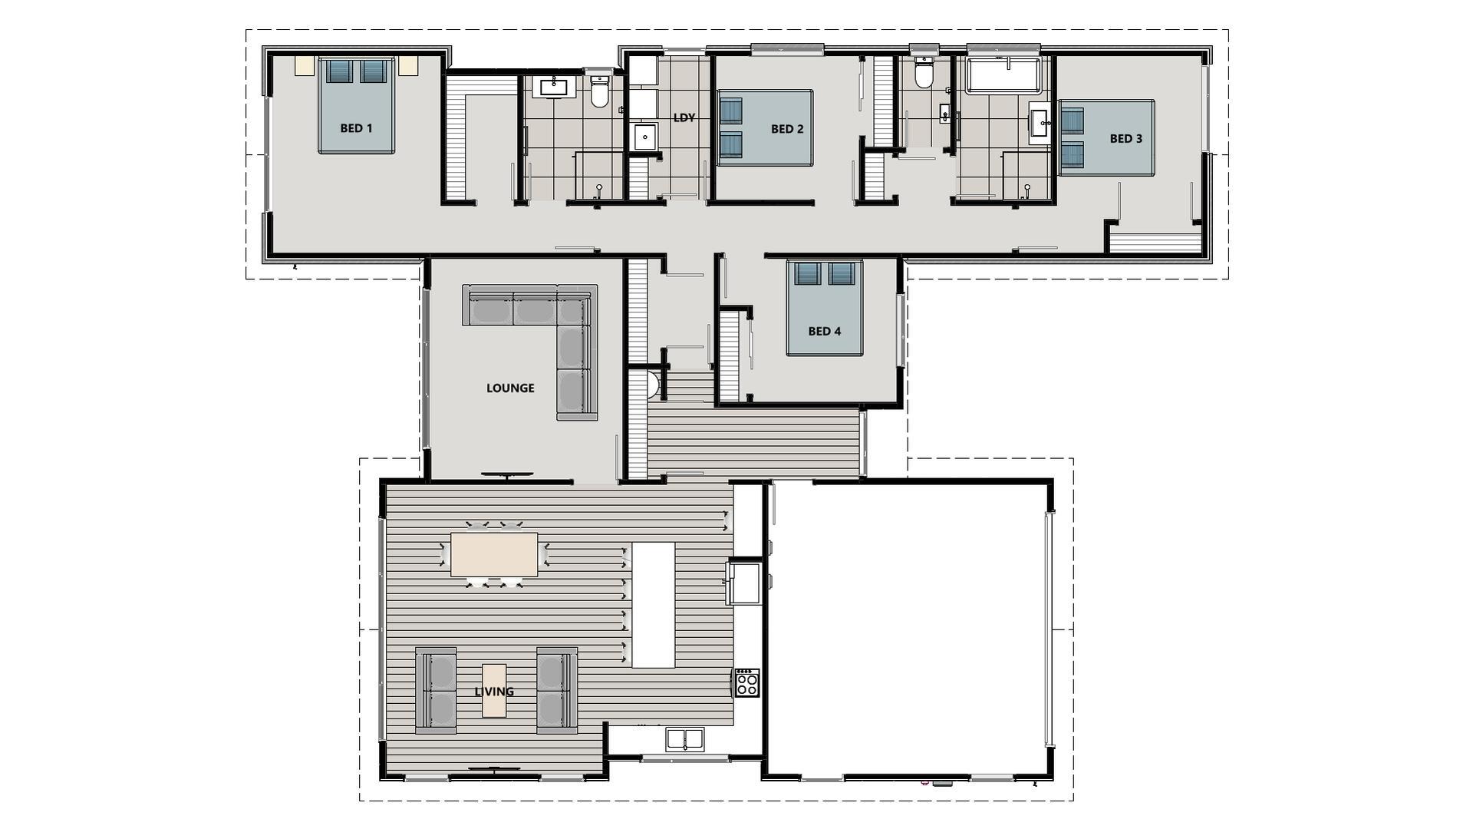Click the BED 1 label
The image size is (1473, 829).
click(x=356, y=128)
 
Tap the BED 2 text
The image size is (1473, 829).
click(x=787, y=129)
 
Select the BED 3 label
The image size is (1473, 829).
click(x=1126, y=139)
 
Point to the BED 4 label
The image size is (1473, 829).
click(x=825, y=332)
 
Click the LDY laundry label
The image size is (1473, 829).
click(x=684, y=118)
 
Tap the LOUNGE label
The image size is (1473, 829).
click(x=510, y=388)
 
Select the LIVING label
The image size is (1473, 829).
click(x=494, y=692)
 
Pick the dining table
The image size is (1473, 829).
click(x=494, y=555)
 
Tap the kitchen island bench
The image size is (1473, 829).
click(x=653, y=605)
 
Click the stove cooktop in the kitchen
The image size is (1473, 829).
click(x=747, y=682)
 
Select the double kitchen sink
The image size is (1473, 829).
click(x=685, y=739)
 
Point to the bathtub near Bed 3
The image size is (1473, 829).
click(x=1003, y=74)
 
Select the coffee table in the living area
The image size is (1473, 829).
click(x=494, y=691)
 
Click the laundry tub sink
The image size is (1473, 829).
click(x=645, y=137)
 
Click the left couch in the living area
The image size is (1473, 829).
click(x=436, y=690)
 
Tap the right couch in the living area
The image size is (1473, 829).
click(x=557, y=690)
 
